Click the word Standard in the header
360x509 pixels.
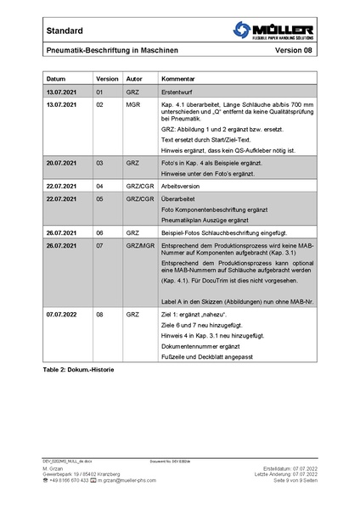click(65, 31)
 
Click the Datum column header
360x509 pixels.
click(57, 77)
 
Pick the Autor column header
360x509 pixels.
click(134, 77)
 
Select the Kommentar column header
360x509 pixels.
click(179, 77)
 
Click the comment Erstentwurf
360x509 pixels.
click(179, 91)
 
